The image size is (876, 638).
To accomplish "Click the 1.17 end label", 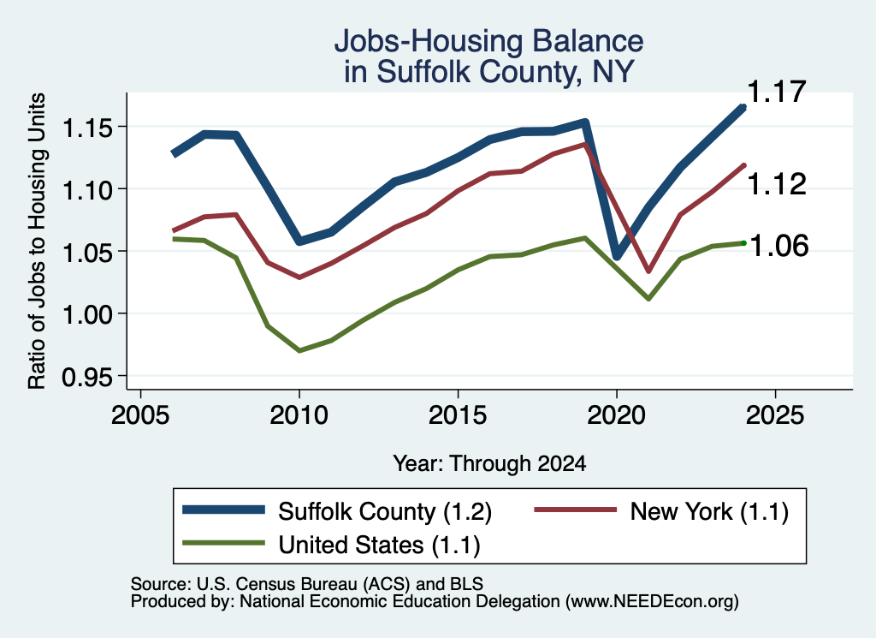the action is [x=776, y=92].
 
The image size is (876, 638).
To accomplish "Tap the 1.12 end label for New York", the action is [x=776, y=184].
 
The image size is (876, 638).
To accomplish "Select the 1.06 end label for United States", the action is [x=778, y=246].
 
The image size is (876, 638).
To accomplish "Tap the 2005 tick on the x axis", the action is [x=140, y=415].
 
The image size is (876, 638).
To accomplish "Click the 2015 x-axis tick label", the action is [x=458, y=415].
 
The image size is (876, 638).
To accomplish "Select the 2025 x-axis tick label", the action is [x=775, y=415].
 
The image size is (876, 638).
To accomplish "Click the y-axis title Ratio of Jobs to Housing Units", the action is [x=37, y=241].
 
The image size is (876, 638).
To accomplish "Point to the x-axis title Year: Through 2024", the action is [x=489, y=463].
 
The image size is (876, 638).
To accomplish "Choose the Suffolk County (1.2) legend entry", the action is [x=337, y=511].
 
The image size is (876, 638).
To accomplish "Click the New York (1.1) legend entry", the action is [x=661, y=511].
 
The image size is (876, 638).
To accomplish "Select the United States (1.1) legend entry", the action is [x=332, y=544].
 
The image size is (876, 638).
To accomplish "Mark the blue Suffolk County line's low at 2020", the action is [x=617, y=256].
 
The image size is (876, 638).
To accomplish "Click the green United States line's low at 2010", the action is [x=299, y=350].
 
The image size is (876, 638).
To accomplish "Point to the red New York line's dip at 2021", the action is [x=648, y=271].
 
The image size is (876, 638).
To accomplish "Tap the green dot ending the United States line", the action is [x=743, y=242].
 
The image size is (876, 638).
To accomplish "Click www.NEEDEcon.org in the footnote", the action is [x=651, y=601].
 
